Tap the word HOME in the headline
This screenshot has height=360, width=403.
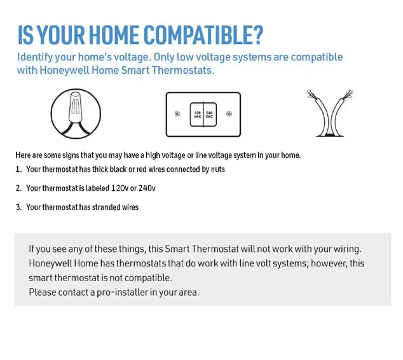[x=113, y=36]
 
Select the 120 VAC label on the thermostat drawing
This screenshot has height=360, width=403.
[x=197, y=114]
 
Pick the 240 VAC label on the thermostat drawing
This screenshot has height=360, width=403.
[x=209, y=114]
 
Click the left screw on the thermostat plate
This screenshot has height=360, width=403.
[x=177, y=114]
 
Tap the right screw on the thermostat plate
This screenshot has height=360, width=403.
[x=229, y=114]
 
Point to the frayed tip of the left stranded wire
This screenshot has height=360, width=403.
[x=312, y=95]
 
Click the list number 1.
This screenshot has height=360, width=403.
[x=18, y=169]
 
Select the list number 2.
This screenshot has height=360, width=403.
[x=18, y=188]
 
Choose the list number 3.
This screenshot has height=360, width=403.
[x=18, y=207]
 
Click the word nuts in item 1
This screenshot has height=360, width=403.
[x=217, y=169]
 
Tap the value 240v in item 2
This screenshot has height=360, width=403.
[x=147, y=188]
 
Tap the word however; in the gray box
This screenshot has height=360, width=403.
[x=329, y=263]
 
